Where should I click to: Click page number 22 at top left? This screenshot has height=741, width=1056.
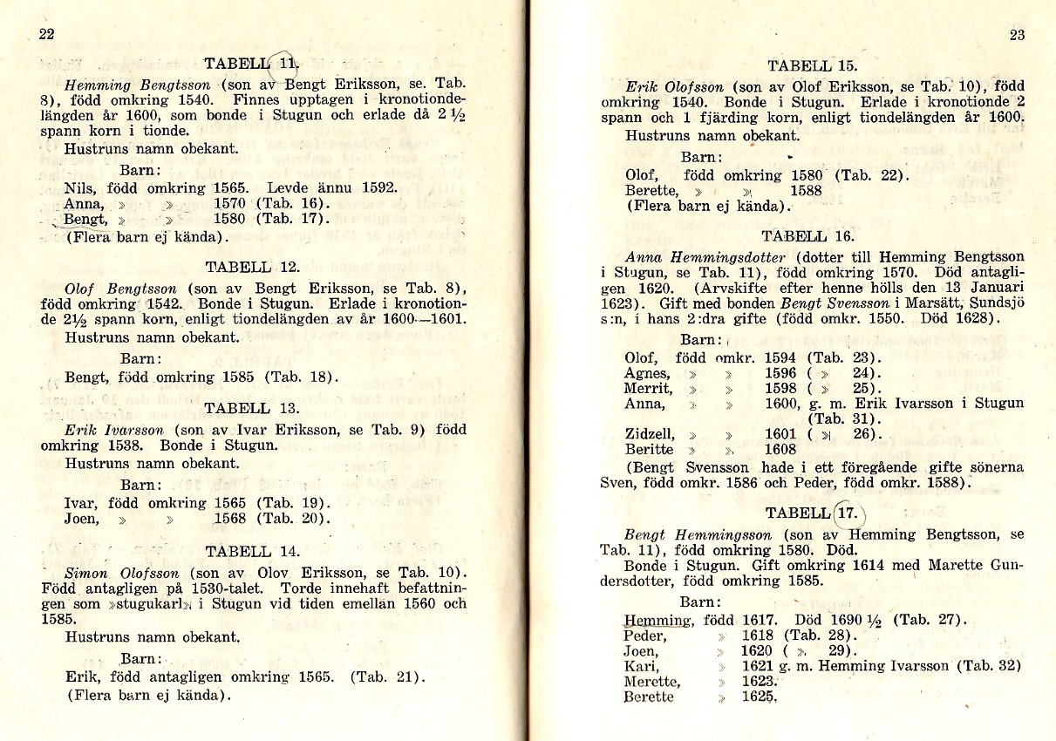coord(46,34)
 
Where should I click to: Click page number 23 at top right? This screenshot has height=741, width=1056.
coord(1017,35)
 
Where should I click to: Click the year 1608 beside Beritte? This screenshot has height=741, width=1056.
coord(780,450)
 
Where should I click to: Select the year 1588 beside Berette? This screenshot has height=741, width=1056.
coord(807,191)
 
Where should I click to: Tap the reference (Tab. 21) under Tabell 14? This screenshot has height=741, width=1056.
coord(387,676)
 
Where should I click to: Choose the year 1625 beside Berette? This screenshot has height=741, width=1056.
coord(758,697)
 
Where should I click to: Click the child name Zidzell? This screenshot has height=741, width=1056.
coord(650,433)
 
